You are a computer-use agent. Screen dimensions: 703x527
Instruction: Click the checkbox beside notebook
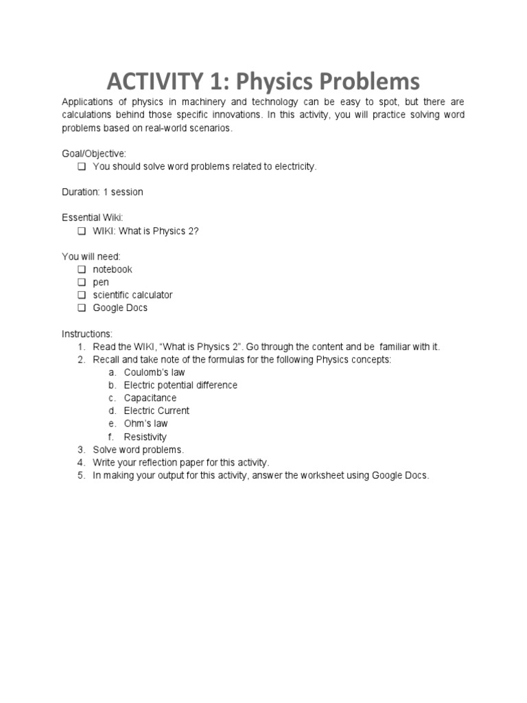coord(82,269)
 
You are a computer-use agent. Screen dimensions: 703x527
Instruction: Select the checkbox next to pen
coord(82,282)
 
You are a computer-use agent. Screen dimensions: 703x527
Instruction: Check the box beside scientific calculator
coord(82,295)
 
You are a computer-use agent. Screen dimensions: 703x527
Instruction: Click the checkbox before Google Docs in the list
coord(82,308)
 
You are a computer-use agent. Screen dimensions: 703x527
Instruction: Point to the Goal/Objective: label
coord(94,154)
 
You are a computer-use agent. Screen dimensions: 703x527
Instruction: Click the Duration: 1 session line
coord(102,192)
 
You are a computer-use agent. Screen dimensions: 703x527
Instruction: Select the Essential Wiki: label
coord(93,218)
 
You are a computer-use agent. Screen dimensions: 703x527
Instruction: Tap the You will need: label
coord(91,256)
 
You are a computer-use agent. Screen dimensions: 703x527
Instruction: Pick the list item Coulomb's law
coord(154,372)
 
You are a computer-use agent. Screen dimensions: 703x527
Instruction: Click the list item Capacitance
coord(150,398)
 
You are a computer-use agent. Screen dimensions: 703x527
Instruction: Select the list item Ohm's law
coord(145,424)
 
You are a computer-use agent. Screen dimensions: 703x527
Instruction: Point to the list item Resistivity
coord(145,437)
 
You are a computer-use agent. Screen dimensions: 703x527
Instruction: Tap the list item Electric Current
coord(156,411)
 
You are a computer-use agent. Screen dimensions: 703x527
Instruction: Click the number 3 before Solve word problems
coord(80,450)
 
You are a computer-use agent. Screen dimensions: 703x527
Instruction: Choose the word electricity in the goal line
coord(295,167)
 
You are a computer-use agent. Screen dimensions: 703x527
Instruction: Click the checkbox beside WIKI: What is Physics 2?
coord(82,231)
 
